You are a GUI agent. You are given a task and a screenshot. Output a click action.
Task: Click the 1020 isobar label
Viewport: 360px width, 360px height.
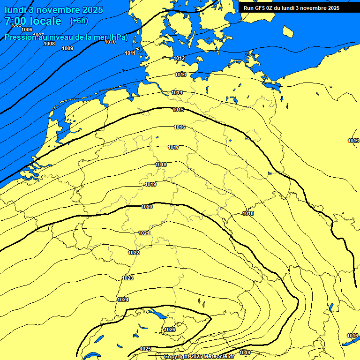point(147,207)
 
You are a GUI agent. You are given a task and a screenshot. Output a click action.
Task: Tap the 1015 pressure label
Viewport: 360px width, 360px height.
point(178,110)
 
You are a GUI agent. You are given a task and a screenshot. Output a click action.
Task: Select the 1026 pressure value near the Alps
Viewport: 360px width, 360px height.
point(170,330)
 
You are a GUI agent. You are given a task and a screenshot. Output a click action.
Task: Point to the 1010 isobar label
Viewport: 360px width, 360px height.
point(110,42)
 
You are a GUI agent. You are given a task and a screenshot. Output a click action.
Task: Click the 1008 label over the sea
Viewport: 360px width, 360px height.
point(49,44)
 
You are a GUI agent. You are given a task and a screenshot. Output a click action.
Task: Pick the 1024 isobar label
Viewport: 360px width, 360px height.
point(123,300)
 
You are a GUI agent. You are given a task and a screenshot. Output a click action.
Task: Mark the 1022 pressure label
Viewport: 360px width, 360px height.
point(134,253)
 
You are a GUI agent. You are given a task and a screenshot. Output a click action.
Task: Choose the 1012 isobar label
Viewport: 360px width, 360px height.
point(179,59)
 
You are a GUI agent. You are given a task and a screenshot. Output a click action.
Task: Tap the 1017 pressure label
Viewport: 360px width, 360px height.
point(173,148)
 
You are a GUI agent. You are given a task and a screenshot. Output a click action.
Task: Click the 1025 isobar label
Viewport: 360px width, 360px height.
point(145,349)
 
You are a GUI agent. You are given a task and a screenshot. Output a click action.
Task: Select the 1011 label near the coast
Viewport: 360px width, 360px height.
point(130,53)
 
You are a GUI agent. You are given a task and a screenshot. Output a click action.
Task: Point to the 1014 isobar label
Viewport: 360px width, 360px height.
point(177,93)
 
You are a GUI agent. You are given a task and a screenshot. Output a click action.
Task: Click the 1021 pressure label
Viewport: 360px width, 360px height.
point(144,233)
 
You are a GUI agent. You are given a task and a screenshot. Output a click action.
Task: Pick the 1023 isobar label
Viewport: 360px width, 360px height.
point(127,278)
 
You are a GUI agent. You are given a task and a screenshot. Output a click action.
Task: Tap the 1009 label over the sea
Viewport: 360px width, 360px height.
point(67,48)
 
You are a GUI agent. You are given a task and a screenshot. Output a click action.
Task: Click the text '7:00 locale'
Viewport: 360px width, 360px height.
point(33,21)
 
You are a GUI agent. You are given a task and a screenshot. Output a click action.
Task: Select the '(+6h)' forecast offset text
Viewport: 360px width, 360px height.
point(79,21)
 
